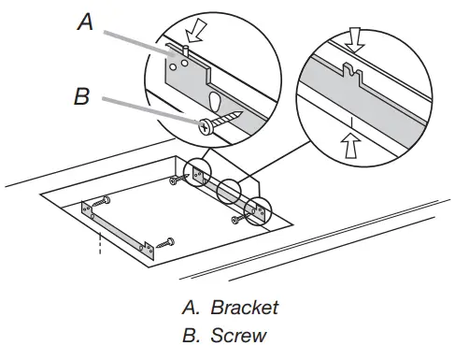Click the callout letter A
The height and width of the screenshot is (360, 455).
(x=85, y=22)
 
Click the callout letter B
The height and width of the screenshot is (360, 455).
(x=82, y=96)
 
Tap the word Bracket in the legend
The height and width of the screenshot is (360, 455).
(x=244, y=308)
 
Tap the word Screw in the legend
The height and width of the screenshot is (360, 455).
(x=238, y=336)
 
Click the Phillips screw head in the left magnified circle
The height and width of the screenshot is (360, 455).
(x=206, y=126)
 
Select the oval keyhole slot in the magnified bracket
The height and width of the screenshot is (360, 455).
(x=215, y=101)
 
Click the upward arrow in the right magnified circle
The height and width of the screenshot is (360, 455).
(x=350, y=146)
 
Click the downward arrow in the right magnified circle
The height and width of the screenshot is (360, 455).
(x=354, y=39)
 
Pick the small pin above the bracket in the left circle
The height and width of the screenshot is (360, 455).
(x=186, y=50)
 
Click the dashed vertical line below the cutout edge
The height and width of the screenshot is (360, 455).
(x=100, y=243)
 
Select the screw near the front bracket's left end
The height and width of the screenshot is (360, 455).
(x=102, y=201)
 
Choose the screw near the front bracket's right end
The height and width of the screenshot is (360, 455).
(x=165, y=243)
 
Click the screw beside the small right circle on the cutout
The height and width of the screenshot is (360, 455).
(x=240, y=218)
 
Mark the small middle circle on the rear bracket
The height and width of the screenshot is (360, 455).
(x=229, y=192)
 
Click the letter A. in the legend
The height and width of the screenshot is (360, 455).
(x=191, y=308)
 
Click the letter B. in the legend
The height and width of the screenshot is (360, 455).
(x=191, y=336)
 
